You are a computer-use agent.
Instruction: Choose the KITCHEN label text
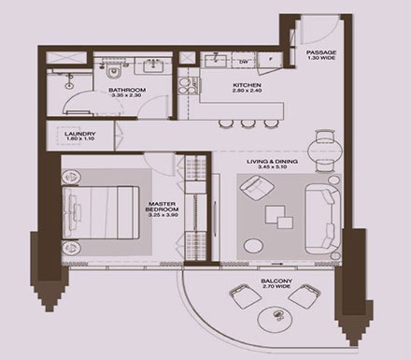(x=248, y=87)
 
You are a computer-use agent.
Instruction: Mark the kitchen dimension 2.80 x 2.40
(x=248, y=94)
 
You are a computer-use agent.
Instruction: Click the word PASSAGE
(x=322, y=52)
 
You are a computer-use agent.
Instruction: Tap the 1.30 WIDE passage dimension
(x=322, y=60)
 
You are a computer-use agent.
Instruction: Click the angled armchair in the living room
(x=253, y=191)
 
